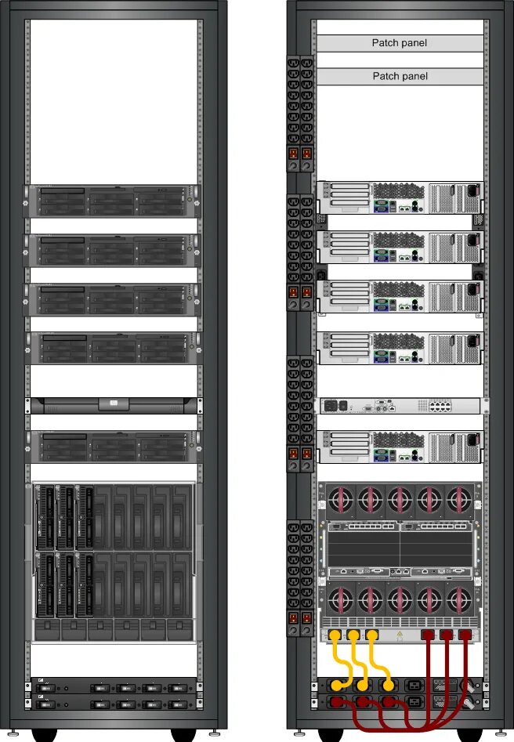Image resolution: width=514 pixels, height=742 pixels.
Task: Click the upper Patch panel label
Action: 400,43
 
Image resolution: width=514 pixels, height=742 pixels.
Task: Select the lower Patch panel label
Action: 400,76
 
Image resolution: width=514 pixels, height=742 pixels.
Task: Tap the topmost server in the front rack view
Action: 113,201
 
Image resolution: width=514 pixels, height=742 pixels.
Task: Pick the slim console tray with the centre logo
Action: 113,404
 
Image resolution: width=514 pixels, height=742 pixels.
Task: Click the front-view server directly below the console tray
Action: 113,446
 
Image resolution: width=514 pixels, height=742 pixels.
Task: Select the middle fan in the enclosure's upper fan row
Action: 400,499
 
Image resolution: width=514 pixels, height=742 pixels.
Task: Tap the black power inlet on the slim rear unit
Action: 332,405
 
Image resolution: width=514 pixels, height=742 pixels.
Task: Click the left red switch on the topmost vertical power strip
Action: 295,154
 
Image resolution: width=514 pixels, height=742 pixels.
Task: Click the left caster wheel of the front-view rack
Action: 45,735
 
